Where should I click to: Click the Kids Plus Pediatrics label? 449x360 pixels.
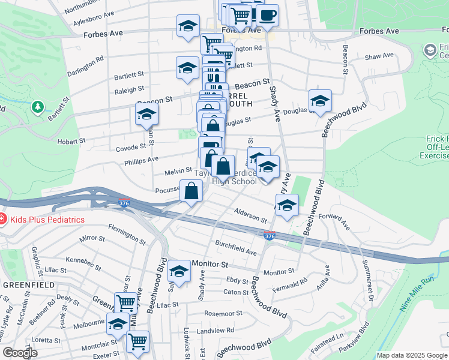click(46, 220)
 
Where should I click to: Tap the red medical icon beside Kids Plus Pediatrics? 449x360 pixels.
click(2, 220)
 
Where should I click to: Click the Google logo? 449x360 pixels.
click(20, 353)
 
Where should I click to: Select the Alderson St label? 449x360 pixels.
click(250, 215)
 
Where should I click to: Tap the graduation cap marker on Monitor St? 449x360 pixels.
click(179, 271)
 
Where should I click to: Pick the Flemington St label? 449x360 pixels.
click(127, 235)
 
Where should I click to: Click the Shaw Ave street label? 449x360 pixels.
click(379, 56)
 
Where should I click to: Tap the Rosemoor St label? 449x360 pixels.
click(223, 313)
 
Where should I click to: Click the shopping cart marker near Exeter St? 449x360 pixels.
click(138, 341)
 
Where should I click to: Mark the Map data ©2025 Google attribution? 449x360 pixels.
click(412, 355)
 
